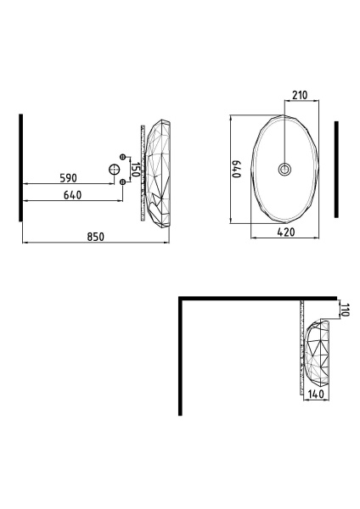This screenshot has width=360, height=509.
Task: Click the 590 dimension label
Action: click(x=69, y=178)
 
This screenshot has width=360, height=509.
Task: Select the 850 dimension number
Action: click(x=96, y=237)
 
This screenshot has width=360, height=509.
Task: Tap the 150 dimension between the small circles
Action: click(x=136, y=170)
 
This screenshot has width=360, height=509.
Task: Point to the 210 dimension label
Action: click(x=300, y=95)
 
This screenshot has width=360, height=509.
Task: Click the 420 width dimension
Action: click(x=286, y=232)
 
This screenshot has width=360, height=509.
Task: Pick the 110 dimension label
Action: click(x=345, y=310)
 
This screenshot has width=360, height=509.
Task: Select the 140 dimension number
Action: click(x=316, y=394)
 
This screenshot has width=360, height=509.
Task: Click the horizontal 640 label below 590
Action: click(x=72, y=195)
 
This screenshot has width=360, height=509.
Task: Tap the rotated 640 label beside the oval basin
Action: click(x=236, y=169)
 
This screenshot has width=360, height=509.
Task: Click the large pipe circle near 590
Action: click(x=114, y=169)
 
